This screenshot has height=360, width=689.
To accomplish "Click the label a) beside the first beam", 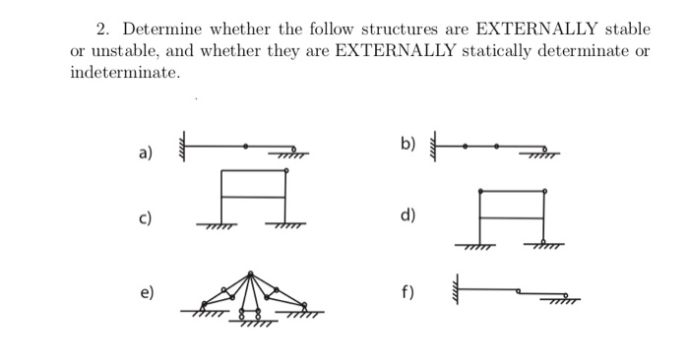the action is [145, 153].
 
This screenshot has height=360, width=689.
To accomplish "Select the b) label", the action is [408, 145].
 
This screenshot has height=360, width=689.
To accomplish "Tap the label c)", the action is [145, 217].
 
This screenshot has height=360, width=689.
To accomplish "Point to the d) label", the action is [408, 216].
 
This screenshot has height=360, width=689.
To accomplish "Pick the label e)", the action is [145, 292].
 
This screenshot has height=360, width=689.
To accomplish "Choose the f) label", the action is [407, 291].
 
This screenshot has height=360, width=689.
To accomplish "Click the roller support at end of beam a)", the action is [293, 150].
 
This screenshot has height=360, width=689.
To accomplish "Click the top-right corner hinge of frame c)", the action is [285, 170].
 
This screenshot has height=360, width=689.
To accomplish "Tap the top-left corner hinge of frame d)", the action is [480, 190].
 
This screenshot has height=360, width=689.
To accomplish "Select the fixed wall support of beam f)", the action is [455, 291].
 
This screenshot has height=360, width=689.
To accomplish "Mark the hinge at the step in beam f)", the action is [521, 291].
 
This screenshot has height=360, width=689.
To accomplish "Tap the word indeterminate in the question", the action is [124, 73].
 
